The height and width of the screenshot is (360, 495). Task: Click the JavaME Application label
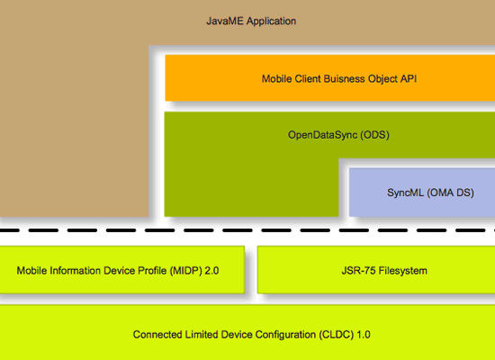click(x=251, y=22)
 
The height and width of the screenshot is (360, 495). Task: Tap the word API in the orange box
click(x=409, y=78)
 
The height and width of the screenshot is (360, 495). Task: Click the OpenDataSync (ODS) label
click(x=338, y=135)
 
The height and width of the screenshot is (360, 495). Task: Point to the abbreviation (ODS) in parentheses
click(x=374, y=135)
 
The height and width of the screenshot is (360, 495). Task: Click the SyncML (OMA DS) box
click(x=422, y=193)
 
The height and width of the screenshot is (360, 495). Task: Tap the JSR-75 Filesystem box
click(x=376, y=270)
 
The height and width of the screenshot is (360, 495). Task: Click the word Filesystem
click(x=402, y=271)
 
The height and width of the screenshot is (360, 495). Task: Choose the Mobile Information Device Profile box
click(x=122, y=270)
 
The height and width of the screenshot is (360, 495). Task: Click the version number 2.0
click(x=211, y=271)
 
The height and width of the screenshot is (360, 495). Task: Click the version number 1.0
click(x=364, y=335)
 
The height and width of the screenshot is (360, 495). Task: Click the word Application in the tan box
click(x=271, y=22)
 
